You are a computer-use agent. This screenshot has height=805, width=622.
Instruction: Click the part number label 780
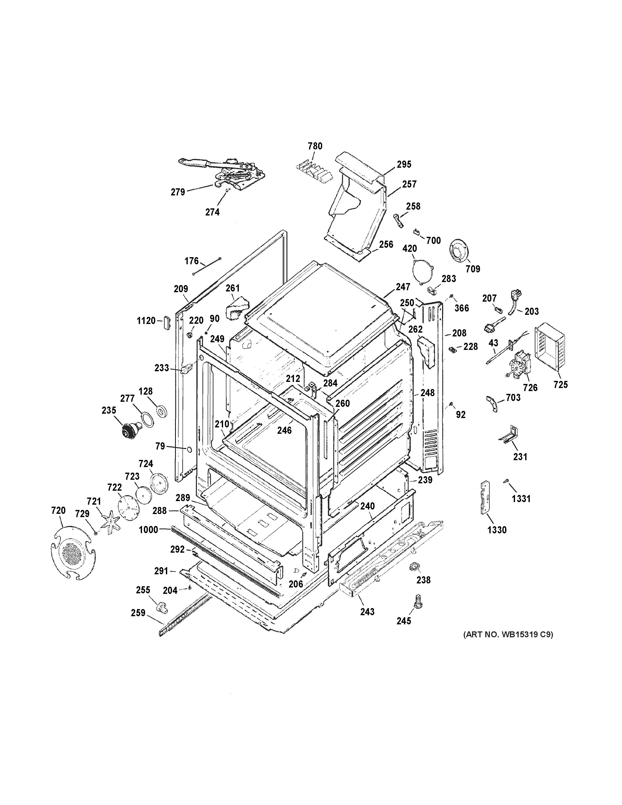[x=315, y=146]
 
